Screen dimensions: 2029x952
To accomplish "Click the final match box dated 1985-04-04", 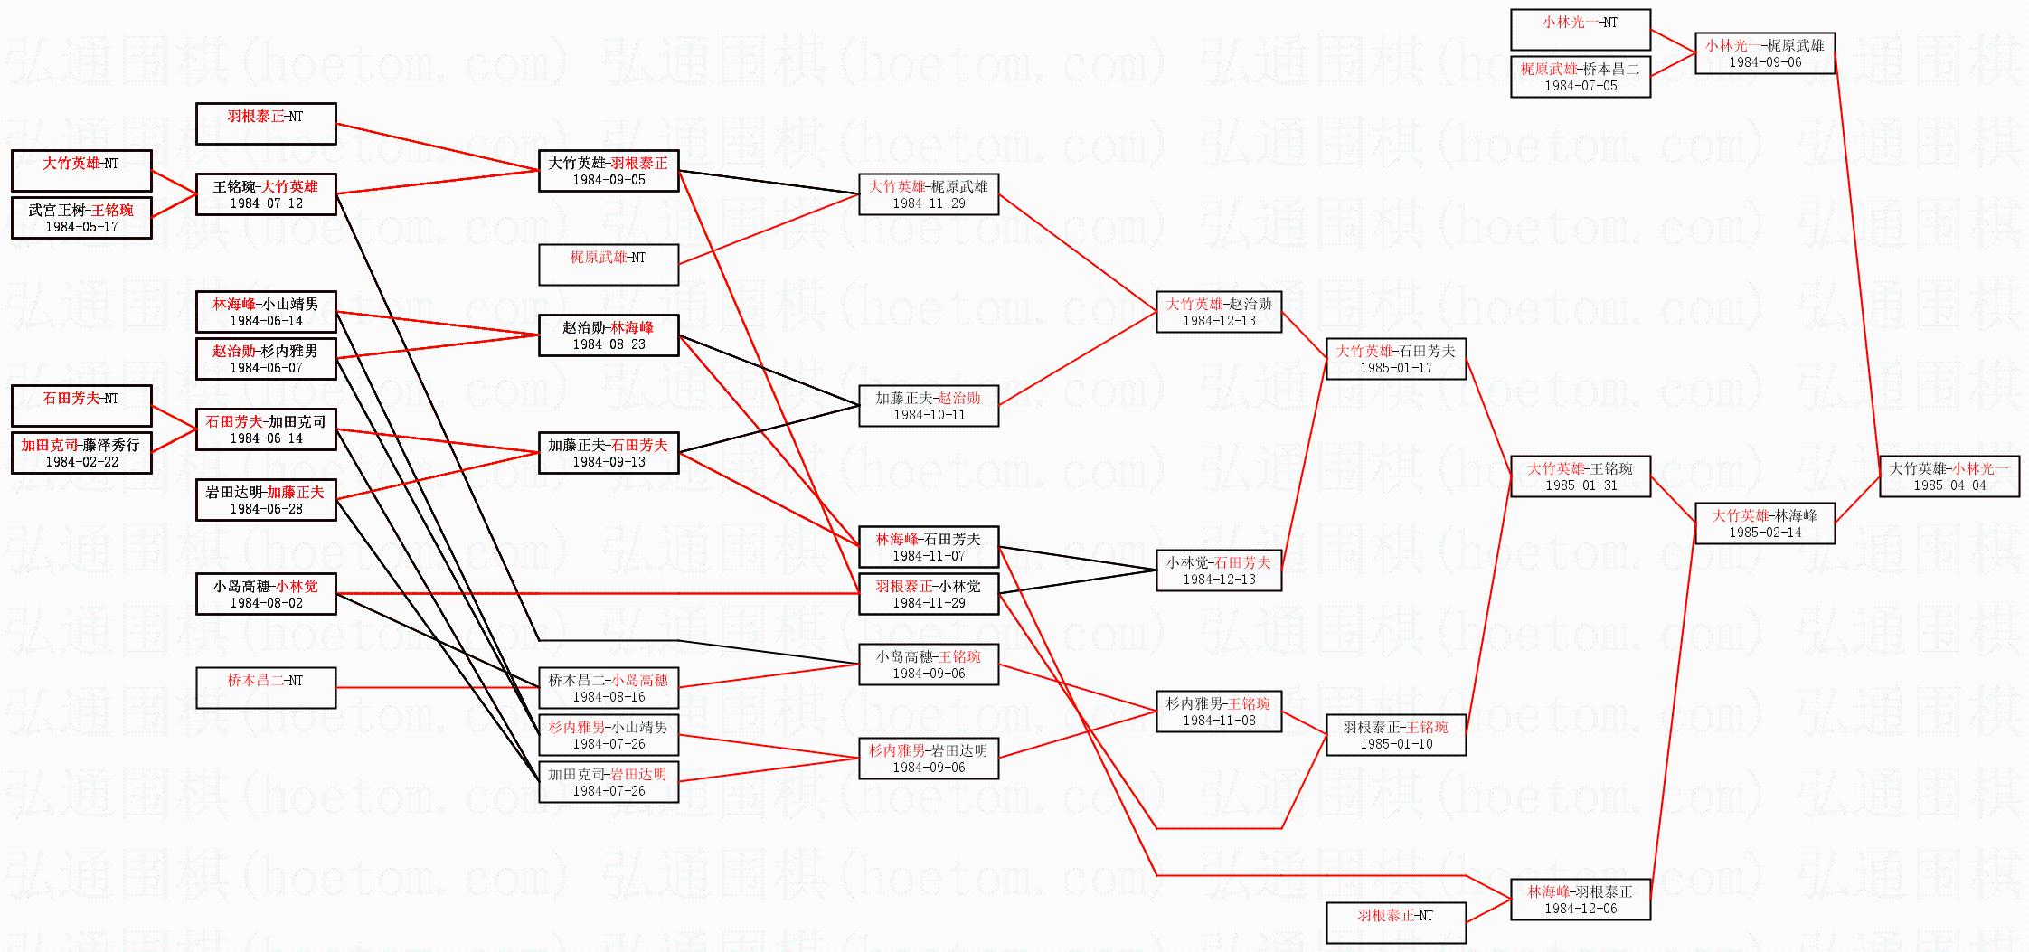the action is tap(1949, 476).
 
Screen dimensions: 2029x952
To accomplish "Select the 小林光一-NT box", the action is tap(1580, 30).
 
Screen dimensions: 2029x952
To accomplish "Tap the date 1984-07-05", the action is tap(1581, 86).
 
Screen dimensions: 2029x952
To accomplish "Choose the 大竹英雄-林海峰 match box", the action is tap(1764, 523).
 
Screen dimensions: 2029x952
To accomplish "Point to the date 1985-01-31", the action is tap(1581, 485).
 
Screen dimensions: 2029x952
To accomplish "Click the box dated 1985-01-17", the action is tap(1395, 359).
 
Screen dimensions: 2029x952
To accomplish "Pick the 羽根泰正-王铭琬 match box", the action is tap(1395, 735).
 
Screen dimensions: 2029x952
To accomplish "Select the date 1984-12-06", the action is tap(1581, 909).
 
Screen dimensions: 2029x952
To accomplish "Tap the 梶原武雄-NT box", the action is tap(608, 265).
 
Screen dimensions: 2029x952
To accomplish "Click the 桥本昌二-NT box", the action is tap(265, 688).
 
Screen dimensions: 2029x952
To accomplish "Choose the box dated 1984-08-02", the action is tap(265, 594).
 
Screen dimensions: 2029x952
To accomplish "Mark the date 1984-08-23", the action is tap(608, 344).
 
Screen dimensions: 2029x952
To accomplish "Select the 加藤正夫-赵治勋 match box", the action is tap(928, 406).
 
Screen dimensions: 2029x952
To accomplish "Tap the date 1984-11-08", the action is tap(1218, 721).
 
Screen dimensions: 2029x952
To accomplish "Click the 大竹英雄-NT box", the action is tap(80, 171).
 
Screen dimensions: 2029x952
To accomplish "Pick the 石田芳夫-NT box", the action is tap(80, 406).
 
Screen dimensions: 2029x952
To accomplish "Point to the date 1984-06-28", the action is tap(265, 509).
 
